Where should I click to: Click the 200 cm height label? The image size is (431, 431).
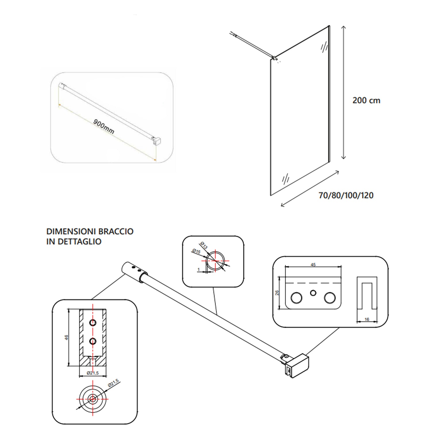click(366, 101)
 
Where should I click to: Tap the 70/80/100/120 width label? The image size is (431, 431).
click(346, 195)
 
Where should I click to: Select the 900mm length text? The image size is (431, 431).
click(104, 126)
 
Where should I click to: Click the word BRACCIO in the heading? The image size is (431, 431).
click(116, 231)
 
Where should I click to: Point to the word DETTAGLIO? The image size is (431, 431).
click(80, 242)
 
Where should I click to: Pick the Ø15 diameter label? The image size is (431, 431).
click(196, 251)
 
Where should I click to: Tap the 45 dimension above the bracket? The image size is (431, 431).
click(313, 265)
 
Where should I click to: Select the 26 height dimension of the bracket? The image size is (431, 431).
click(277, 293)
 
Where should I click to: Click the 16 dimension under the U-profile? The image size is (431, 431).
click(367, 319)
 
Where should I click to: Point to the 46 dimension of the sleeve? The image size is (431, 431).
click(66, 337)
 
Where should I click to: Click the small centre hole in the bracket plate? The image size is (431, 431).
click(313, 293)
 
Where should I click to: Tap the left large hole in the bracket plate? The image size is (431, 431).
click(296, 298)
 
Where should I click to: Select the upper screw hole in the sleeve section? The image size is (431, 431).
click(93, 323)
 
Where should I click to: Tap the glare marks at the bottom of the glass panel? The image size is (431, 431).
click(286, 179)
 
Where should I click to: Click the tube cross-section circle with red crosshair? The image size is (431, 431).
click(215, 261)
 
